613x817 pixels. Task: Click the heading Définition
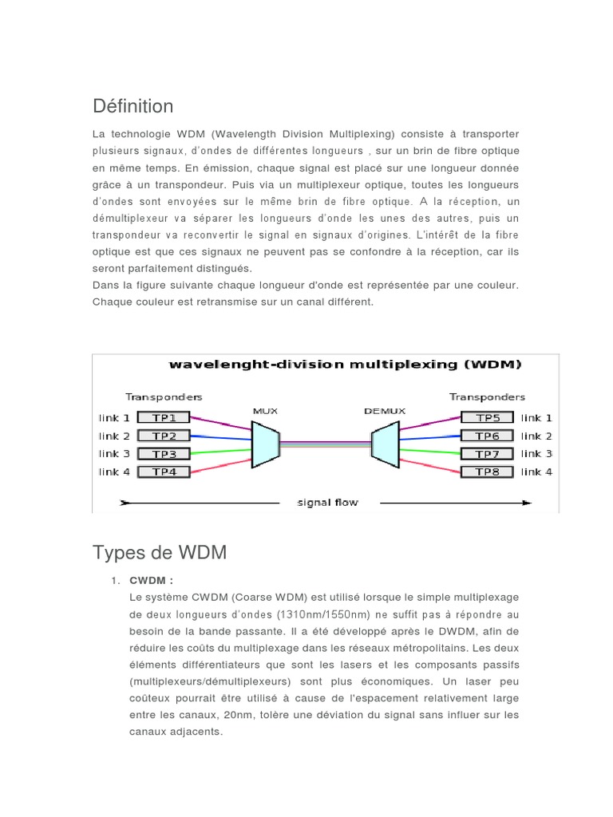132,106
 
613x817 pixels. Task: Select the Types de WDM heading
160,552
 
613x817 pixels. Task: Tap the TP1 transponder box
164,417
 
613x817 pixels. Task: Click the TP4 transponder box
164,472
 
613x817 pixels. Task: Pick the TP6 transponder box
487,436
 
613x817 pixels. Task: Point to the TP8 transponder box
487,472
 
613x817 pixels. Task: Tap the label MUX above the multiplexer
264,411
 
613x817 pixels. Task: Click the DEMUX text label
385,411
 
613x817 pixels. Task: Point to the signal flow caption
327,503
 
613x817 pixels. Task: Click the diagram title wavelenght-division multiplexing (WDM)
345,365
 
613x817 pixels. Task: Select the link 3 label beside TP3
114,453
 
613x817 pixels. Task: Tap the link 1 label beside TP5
536,417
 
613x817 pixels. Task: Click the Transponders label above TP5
487,397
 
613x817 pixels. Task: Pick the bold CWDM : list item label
151,580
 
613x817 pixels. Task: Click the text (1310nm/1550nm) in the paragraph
322,614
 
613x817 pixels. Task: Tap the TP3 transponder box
164,453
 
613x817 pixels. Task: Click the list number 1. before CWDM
115,580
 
